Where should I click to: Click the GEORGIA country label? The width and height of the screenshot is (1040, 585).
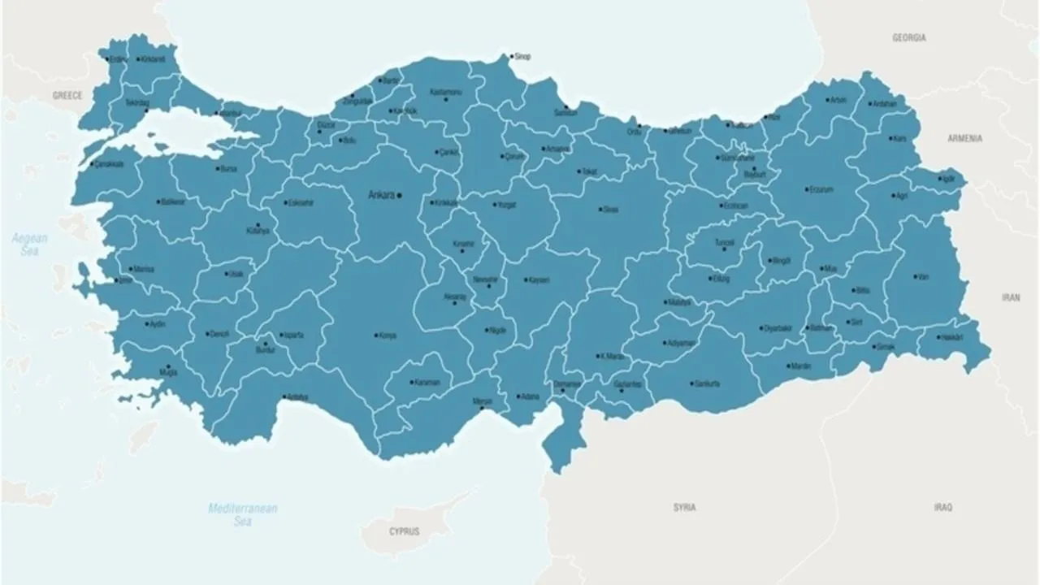[x=909, y=38]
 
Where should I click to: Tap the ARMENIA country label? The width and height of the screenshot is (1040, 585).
[x=964, y=139]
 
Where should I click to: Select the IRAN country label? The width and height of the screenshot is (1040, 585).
[x=1010, y=298]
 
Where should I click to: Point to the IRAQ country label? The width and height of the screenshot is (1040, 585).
[x=942, y=508]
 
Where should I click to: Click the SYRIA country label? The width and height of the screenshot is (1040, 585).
[x=684, y=508]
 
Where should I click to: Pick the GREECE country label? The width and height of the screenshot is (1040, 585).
[x=67, y=96]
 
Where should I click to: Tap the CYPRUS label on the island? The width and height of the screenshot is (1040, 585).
[x=404, y=531]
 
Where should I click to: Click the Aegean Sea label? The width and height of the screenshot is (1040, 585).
[x=29, y=245]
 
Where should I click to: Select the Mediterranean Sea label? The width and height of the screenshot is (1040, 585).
[x=242, y=514]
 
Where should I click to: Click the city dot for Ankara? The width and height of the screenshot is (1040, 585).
[x=399, y=195]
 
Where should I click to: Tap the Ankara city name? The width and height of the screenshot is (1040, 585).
[x=381, y=195]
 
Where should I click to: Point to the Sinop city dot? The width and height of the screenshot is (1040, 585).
[x=511, y=57]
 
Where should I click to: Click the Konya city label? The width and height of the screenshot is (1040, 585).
[x=388, y=336]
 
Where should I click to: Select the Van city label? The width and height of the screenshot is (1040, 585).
[x=922, y=277]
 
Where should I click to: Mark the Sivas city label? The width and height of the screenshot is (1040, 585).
[x=611, y=210]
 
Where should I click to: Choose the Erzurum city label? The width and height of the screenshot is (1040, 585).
[x=821, y=189]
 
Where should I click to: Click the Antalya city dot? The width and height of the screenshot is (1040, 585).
[x=284, y=397]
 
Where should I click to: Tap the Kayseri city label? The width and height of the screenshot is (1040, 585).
[x=539, y=280]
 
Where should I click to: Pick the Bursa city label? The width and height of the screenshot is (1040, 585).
[x=228, y=169]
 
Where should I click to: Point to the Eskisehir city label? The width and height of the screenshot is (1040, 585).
[x=301, y=203]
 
